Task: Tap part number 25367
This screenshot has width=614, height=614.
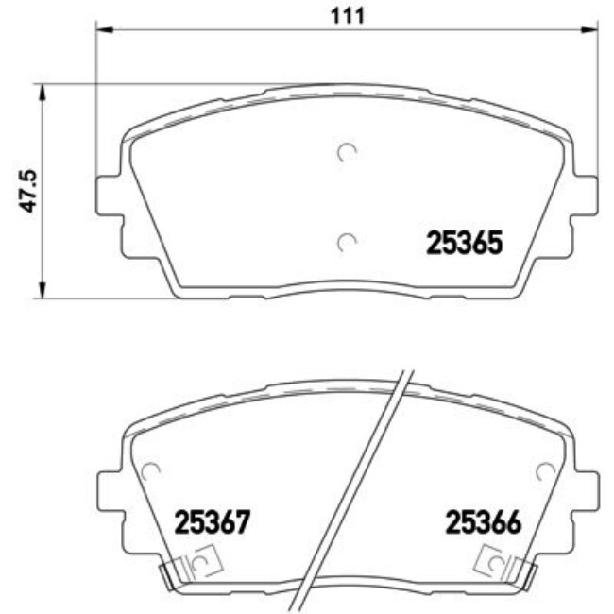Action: click(x=211, y=521)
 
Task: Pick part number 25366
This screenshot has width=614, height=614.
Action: click(x=485, y=521)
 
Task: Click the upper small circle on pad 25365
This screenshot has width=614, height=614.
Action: click(x=347, y=152)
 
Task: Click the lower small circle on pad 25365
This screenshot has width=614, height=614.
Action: click(x=347, y=243)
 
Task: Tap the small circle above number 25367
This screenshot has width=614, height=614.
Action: click(x=149, y=469)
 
